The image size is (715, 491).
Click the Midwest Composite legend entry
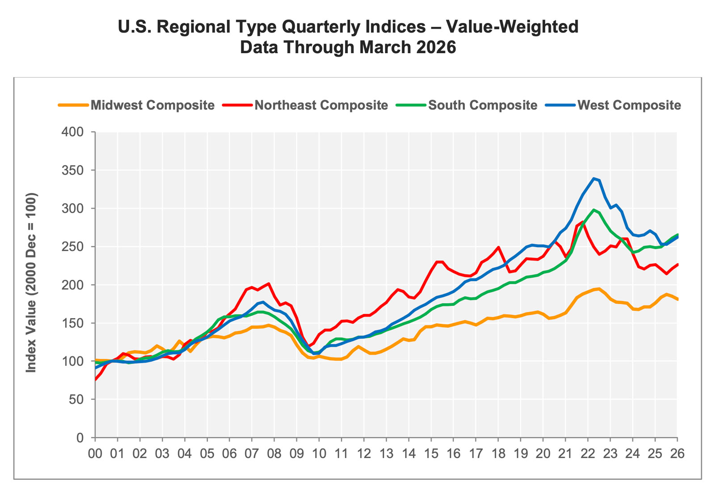152,105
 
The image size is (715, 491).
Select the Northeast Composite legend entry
321,105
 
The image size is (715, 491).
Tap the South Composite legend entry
482,105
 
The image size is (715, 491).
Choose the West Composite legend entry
629,105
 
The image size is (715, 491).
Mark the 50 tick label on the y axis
77,400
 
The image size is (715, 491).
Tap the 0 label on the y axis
80,438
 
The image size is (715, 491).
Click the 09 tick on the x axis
296,453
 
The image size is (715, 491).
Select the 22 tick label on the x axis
588,453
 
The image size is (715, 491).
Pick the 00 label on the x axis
95,453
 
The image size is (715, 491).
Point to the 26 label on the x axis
677,453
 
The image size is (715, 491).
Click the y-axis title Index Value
31,282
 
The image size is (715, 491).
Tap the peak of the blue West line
593,179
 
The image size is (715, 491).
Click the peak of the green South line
593,210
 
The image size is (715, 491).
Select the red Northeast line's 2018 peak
498,247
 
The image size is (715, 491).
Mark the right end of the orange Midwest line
677,299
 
